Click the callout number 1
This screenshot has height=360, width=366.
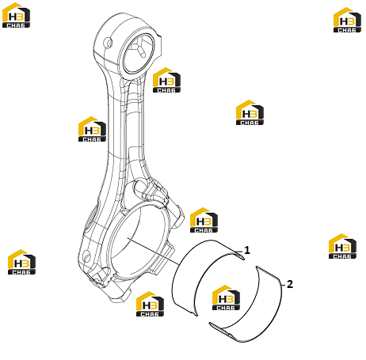(247, 250)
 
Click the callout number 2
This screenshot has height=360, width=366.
(290, 284)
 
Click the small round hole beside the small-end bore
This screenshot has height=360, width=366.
(109, 43)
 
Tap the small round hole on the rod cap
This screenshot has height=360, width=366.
(86, 256)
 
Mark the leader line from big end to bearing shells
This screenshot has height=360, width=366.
(154, 252)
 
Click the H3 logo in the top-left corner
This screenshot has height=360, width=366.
(16, 15)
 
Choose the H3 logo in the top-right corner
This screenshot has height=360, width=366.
(347, 20)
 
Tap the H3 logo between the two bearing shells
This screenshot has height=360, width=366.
(226, 297)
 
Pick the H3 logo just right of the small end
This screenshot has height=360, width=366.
(166, 80)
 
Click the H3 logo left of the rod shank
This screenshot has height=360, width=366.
(92, 129)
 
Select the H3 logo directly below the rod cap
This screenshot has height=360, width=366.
(150, 304)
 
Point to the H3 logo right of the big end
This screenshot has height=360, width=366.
(204, 220)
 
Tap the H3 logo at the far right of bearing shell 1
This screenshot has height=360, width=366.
(342, 246)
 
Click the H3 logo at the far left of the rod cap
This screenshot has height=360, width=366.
(21, 262)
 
